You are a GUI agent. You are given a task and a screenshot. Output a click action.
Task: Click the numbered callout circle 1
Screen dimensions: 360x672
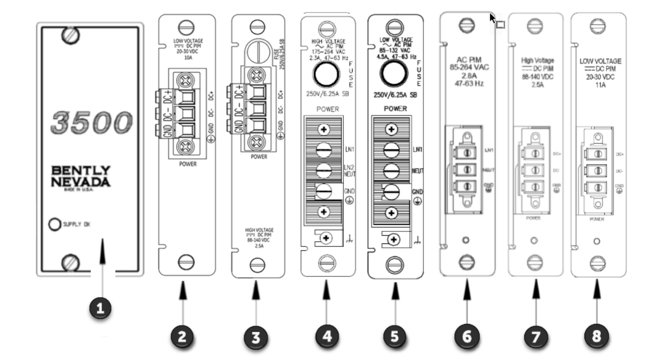coord(99,309)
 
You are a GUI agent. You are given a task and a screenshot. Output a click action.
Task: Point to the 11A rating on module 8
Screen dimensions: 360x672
coord(600,93)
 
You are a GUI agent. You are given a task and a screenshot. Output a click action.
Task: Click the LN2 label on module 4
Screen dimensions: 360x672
coord(349,167)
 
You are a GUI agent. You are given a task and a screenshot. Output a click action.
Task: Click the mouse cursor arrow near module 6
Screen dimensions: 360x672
coord(493,18)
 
